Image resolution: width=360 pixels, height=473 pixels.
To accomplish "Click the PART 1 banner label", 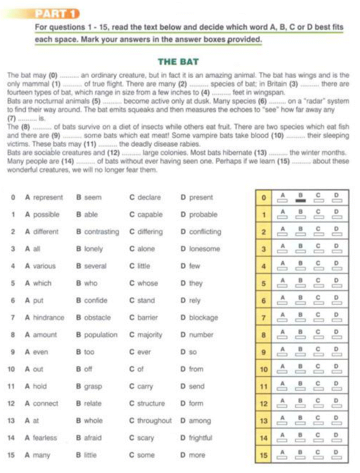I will tap(59, 13).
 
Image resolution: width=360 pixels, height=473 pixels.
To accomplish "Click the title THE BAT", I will tap(178, 62).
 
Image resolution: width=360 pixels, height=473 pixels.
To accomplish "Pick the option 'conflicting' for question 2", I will tap(205, 232).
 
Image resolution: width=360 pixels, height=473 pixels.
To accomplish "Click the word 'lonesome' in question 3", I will tap(204, 249).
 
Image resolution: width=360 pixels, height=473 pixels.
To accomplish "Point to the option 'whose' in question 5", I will tap(147, 283).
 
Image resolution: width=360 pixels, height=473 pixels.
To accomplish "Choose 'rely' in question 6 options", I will tap(196, 300).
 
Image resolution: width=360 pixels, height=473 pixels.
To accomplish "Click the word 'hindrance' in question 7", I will tap(48, 317).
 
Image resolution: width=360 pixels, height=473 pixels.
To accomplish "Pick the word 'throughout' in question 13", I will tap(154, 421).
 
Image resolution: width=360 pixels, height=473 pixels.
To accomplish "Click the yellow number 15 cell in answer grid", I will tap(264, 455).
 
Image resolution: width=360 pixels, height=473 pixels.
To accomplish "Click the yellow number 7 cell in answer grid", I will tap(264, 318).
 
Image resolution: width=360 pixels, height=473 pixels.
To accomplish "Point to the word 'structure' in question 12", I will tap(151, 403).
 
